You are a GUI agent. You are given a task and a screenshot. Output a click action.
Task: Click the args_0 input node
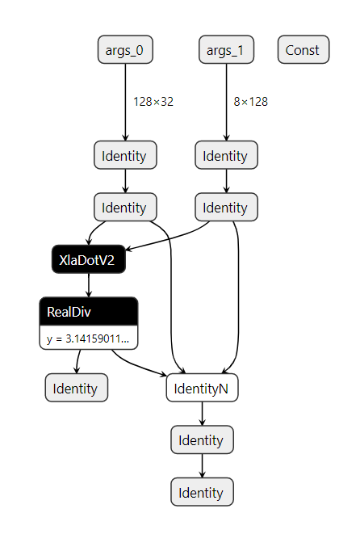point(125,50)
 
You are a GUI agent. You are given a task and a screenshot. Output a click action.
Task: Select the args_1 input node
point(227,50)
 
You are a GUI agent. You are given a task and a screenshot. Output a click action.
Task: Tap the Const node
point(303,50)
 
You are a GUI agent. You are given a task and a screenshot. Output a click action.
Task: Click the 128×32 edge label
point(153,102)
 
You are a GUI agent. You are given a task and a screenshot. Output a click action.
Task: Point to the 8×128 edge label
point(251,102)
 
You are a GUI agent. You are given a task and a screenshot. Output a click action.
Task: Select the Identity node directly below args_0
point(125,155)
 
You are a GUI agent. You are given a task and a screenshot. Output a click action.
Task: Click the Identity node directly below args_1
point(227,155)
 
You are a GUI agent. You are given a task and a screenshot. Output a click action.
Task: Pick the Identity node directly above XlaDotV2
point(125,208)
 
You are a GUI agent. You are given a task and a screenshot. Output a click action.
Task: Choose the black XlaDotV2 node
point(88,259)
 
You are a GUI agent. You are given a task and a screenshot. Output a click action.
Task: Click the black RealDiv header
point(88,312)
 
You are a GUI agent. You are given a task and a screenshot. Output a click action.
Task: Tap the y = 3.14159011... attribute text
point(88,338)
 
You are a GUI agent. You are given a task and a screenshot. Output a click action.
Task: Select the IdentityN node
point(202,389)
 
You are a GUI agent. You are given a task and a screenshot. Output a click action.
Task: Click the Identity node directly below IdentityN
point(202,440)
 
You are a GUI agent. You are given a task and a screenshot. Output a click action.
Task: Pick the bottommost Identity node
point(202,492)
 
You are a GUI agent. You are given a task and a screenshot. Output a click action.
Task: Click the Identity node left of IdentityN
point(76,389)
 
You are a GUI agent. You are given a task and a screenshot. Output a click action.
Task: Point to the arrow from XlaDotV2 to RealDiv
point(88,285)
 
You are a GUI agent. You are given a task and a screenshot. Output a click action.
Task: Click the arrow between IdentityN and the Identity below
point(202,414)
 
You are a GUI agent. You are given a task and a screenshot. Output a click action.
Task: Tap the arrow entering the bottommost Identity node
point(202,466)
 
